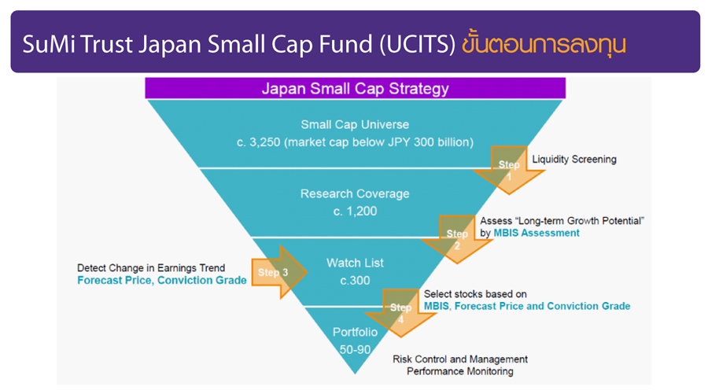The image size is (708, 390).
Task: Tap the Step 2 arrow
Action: point(457,239)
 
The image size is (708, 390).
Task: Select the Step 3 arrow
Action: point(279,272)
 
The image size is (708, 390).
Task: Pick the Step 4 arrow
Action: point(401,313)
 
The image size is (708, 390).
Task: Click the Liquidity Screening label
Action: point(574,160)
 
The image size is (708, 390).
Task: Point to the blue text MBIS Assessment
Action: point(537,233)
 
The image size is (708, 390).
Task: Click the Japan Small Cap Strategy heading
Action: point(356,89)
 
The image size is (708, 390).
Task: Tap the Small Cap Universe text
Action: point(355,124)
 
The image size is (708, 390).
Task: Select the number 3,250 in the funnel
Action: point(265,142)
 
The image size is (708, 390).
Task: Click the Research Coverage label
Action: point(355,193)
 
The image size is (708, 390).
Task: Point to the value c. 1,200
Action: point(355,212)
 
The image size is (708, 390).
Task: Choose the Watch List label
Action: point(355,263)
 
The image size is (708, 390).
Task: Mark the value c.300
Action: point(355,280)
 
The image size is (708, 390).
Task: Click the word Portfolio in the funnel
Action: point(355,333)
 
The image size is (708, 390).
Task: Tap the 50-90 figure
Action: point(355,349)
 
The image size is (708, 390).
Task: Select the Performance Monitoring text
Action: point(459,371)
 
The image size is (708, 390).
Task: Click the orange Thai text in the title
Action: point(544,44)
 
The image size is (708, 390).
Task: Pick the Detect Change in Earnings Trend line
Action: point(151,268)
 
